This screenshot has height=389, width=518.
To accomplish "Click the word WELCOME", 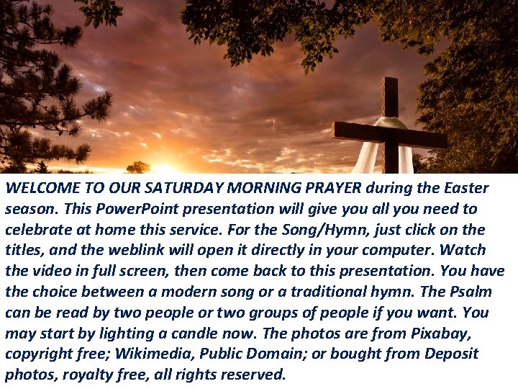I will [x=37, y=189].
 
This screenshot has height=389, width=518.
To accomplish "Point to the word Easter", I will [x=465, y=189].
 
